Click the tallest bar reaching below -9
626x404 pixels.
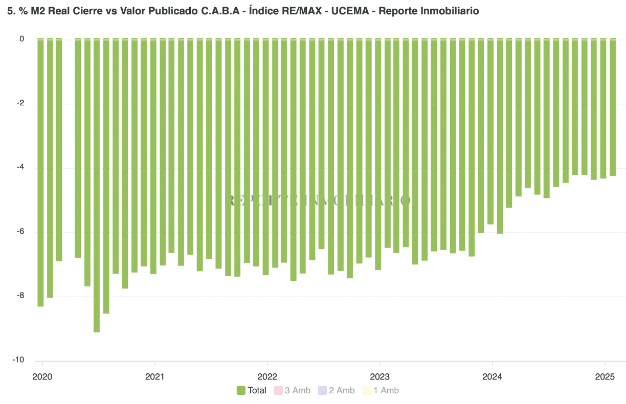point(97,185)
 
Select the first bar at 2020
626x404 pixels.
point(40,172)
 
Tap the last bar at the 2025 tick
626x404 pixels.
point(612,107)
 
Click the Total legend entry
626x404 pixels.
point(257,391)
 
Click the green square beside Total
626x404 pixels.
point(241,391)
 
